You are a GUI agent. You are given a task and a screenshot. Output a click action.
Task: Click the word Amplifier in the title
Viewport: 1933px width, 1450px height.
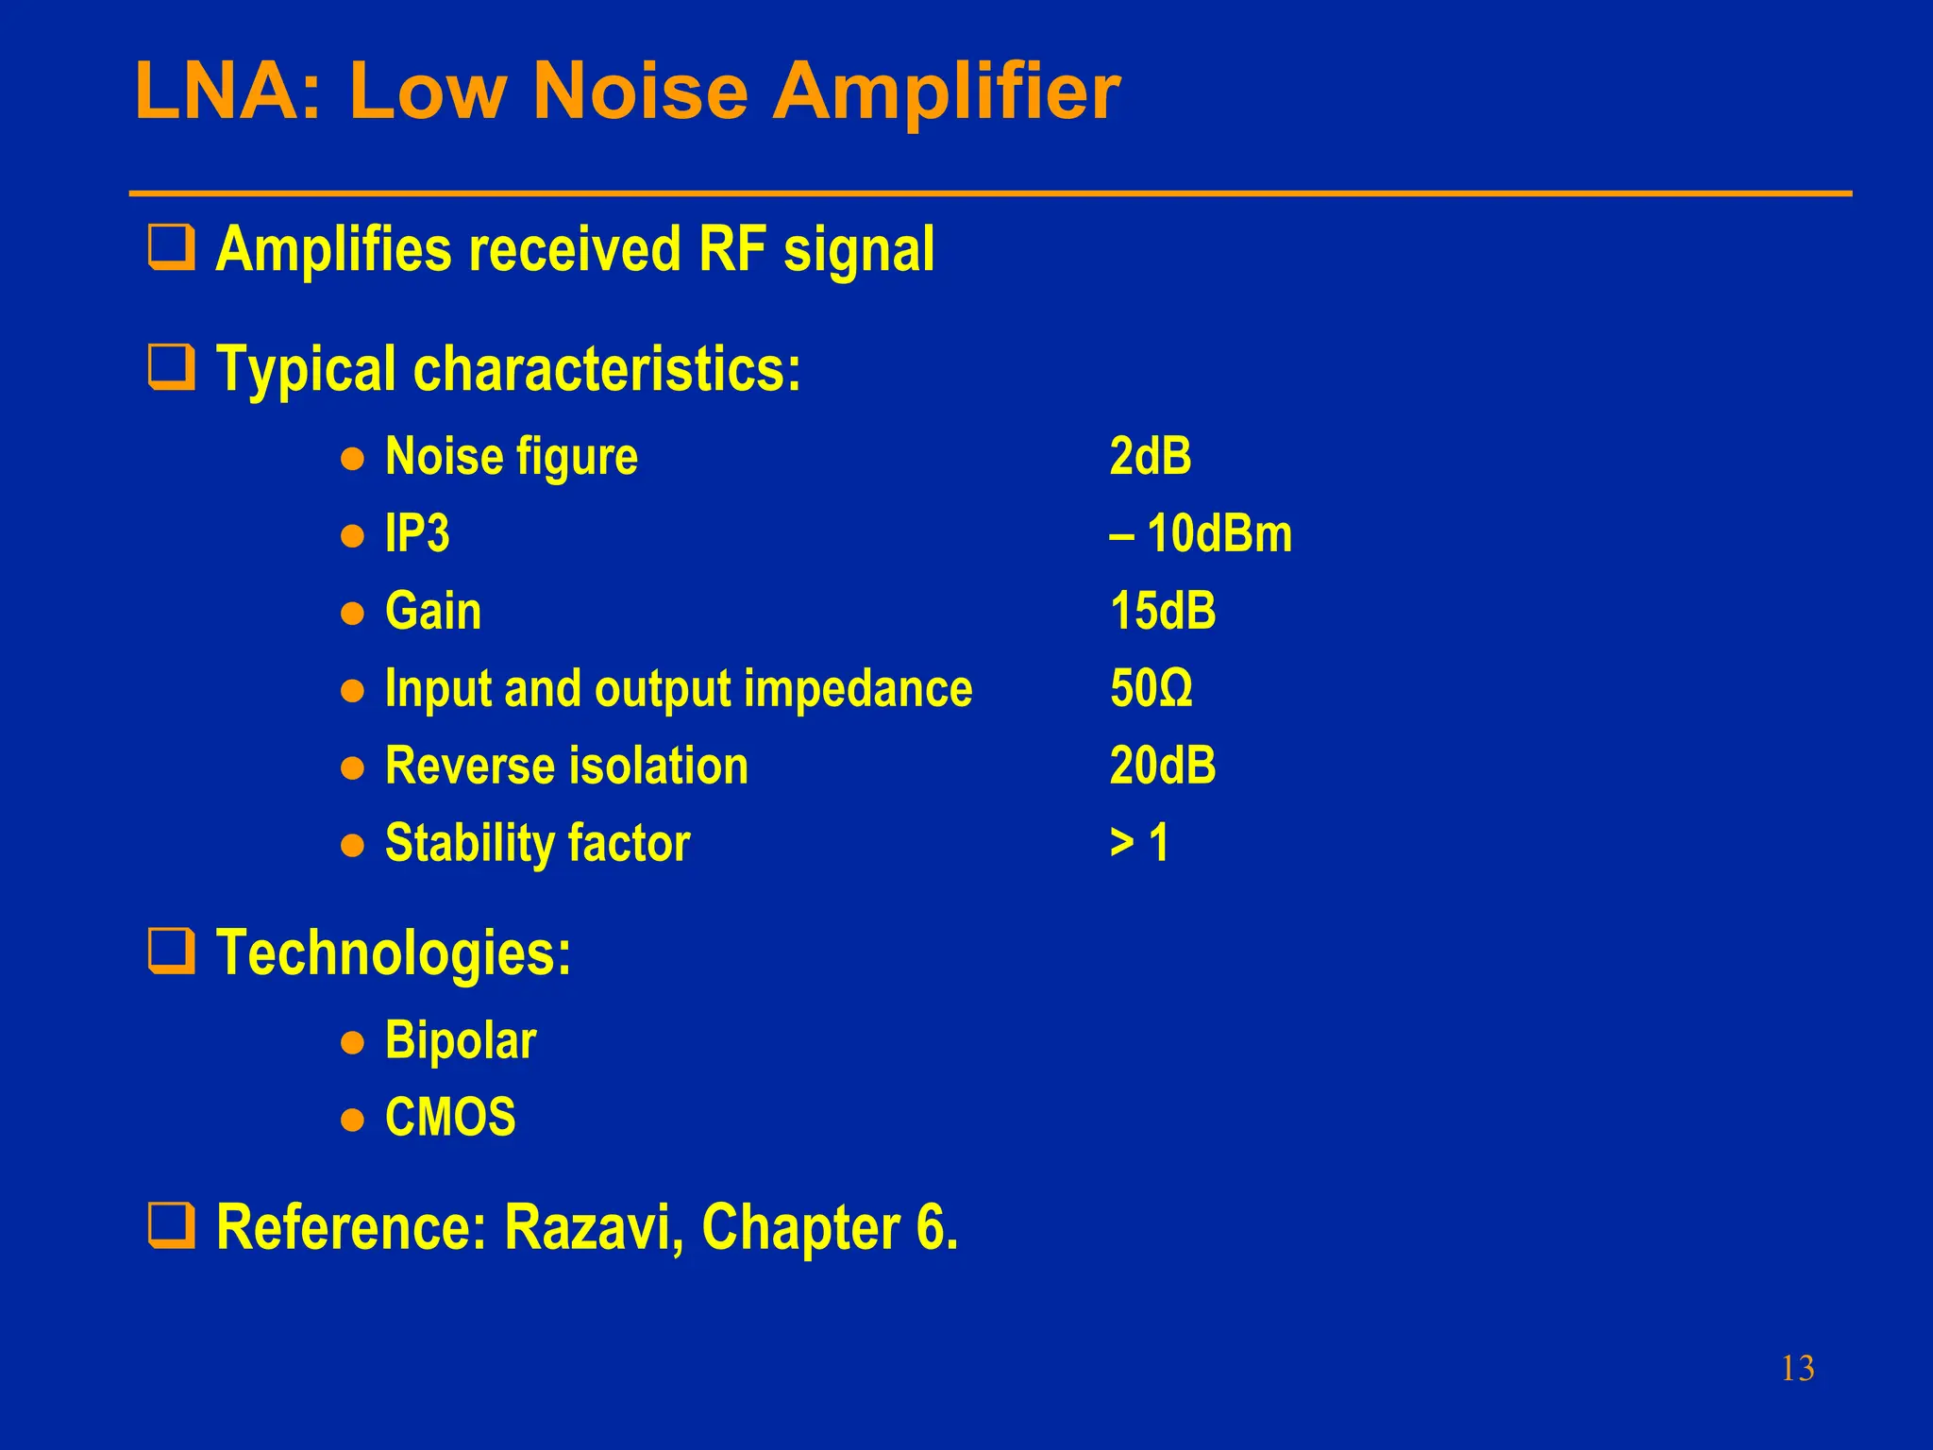coord(946,93)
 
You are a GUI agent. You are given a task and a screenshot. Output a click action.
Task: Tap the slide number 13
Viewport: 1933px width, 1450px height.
coord(1797,1368)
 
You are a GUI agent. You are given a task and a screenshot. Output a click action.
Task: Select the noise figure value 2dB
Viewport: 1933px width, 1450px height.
coord(1150,457)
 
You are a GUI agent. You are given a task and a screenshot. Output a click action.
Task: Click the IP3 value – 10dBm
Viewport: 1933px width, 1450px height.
coord(1200,534)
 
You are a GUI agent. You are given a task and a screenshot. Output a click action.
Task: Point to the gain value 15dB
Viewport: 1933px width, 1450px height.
coord(1162,612)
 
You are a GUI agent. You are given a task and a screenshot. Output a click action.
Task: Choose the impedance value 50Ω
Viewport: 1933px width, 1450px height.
coord(1151,689)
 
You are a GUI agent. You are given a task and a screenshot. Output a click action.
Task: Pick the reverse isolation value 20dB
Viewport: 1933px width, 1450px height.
coord(1162,766)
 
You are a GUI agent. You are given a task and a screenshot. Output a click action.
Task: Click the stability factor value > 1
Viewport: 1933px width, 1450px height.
coord(1139,843)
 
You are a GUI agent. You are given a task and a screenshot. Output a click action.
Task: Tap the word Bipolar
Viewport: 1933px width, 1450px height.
coord(461,1042)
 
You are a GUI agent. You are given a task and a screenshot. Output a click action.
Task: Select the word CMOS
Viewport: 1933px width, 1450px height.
coord(450,1119)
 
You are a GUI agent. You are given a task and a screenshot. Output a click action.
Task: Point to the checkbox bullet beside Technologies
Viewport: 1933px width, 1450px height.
coord(172,951)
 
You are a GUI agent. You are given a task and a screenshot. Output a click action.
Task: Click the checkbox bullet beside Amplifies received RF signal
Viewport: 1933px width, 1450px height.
coord(172,247)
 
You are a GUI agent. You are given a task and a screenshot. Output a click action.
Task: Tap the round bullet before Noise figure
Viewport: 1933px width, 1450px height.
coord(352,460)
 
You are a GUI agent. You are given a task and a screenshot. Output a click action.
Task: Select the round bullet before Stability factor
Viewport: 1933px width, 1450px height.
coord(352,845)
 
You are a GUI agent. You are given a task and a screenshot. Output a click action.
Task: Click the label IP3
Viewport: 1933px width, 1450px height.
coord(416,534)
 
